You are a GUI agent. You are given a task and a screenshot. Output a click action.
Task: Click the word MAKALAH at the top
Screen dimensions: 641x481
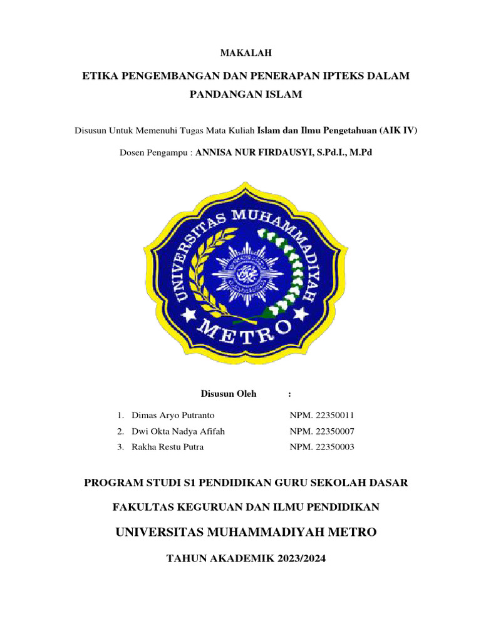pyautogui.click(x=240, y=53)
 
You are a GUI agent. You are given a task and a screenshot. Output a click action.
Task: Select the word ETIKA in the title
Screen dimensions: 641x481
pyautogui.click(x=100, y=76)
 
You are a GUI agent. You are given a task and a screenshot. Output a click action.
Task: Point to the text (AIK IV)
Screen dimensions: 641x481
pyautogui.click(x=399, y=130)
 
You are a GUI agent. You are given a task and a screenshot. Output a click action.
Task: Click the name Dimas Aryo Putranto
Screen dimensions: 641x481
pyautogui.click(x=173, y=416)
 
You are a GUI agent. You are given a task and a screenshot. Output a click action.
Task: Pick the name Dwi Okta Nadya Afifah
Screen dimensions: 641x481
pyautogui.click(x=178, y=431)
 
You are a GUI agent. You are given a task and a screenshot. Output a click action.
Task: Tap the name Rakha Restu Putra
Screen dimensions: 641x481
pyautogui.click(x=168, y=447)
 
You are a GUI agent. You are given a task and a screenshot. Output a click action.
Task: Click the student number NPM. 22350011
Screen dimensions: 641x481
pyautogui.click(x=323, y=416)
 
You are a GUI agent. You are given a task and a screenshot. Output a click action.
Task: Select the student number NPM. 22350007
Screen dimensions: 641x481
pyautogui.click(x=323, y=431)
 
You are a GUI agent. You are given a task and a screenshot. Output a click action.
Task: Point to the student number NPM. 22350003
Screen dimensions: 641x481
pyautogui.click(x=323, y=447)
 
